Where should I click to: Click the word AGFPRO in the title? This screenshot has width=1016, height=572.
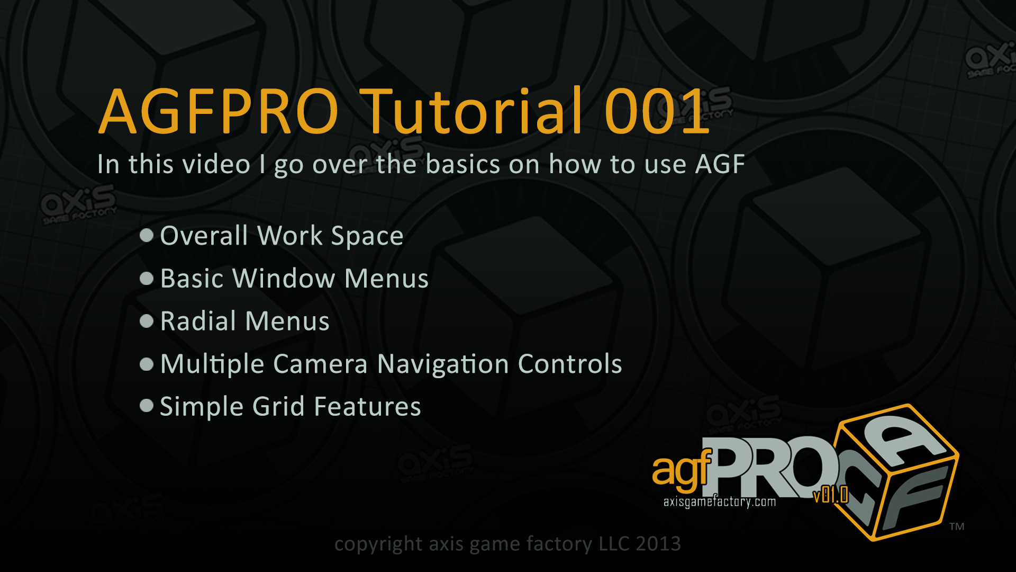click(219, 112)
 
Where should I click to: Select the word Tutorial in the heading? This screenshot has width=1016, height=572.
click(473, 111)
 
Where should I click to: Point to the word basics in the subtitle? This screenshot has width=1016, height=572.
click(462, 164)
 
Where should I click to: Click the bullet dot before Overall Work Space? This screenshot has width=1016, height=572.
click(147, 235)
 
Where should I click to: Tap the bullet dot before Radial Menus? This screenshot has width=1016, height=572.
click(147, 320)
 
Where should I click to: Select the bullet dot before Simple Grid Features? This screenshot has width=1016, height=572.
click(147, 406)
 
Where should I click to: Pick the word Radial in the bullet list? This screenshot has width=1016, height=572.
click(198, 320)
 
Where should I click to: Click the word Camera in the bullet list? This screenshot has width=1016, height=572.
click(320, 363)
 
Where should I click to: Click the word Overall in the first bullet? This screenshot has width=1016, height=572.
click(204, 235)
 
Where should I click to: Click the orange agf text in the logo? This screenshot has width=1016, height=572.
click(682, 469)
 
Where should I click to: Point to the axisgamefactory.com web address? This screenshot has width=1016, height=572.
click(720, 502)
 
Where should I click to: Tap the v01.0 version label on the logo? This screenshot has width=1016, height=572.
click(831, 495)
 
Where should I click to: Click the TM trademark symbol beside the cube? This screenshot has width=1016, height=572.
click(957, 526)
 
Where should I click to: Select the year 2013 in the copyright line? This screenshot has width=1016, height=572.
click(658, 543)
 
